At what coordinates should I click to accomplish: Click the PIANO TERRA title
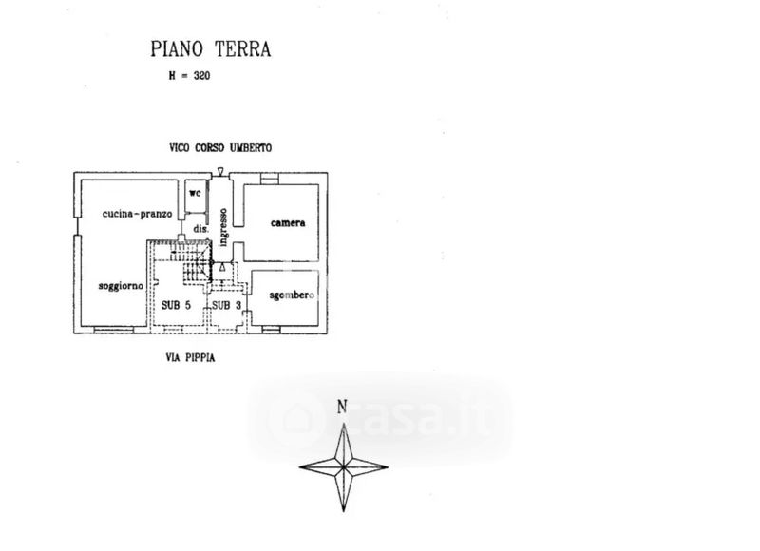point(211,49)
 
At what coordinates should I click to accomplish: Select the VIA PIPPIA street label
point(196,358)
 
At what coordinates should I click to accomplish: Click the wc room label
point(195,192)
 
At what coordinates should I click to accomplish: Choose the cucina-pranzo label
point(138,215)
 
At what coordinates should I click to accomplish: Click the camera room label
point(287,223)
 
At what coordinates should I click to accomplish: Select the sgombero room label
point(291,295)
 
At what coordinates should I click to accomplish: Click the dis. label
point(200,229)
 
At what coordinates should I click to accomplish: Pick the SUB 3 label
point(225,305)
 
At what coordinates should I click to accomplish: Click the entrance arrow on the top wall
point(220,172)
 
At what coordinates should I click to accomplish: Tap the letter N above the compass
point(342,408)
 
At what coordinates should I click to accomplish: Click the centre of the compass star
point(343,465)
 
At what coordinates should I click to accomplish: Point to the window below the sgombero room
point(271,330)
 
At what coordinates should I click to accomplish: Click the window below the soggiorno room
point(110,330)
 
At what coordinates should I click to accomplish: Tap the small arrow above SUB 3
point(221,268)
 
